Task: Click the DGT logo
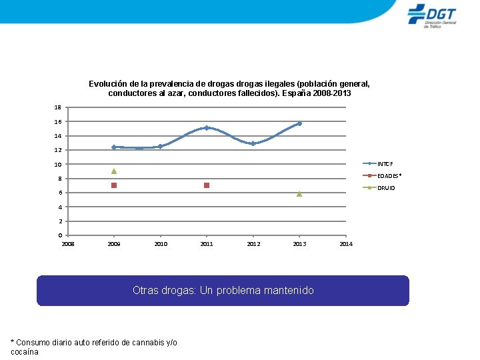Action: click(x=432, y=16)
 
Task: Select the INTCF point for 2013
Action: click(x=299, y=124)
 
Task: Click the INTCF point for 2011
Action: click(x=207, y=127)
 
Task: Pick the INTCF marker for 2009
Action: click(x=114, y=147)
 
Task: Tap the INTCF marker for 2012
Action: click(x=253, y=143)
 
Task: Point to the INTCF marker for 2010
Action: click(x=161, y=146)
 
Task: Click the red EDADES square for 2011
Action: click(x=207, y=185)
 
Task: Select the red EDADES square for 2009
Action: click(x=114, y=185)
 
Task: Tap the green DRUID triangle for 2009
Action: click(x=114, y=171)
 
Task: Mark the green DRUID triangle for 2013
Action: click(x=299, y=194)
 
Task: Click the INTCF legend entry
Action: click(x=378, y=164)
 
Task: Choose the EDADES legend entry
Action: click(x=382, y=176)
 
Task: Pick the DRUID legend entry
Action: click(x=379, y=187)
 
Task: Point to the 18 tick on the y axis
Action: click(x=58, y=107)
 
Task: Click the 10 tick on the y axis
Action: click(x=58, y=165)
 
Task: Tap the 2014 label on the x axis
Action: click(x=346, y=244)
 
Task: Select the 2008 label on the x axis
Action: click(x=68, y=244)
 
